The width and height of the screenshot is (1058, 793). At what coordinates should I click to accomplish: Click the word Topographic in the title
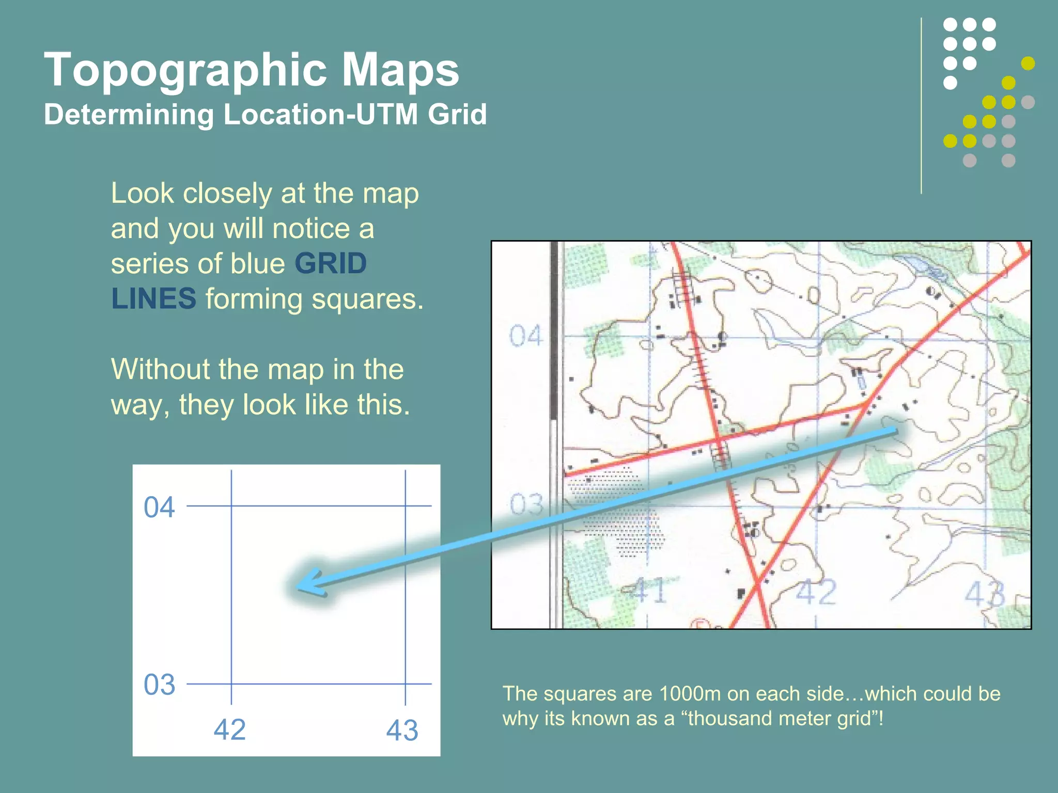[185, 70]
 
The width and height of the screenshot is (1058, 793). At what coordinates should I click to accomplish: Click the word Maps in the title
[400, 70]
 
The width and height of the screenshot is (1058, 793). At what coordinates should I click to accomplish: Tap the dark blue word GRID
[331, 263]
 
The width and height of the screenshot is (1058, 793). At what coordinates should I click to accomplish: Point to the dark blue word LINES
[153, 298]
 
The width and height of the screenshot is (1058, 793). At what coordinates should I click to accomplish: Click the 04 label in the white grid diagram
[159, 507]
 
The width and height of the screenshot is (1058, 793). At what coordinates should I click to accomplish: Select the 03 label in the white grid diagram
[159, 685]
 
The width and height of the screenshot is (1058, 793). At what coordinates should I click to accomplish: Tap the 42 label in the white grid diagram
[230, 729]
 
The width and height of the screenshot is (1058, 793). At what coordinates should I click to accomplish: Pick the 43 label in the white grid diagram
[402, 731]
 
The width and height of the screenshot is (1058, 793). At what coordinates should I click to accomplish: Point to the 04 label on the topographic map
[525, 336]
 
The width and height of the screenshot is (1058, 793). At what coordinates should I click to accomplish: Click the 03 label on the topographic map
[526, 504]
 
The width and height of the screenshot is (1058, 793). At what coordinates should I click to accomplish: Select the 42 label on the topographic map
[816, 592]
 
